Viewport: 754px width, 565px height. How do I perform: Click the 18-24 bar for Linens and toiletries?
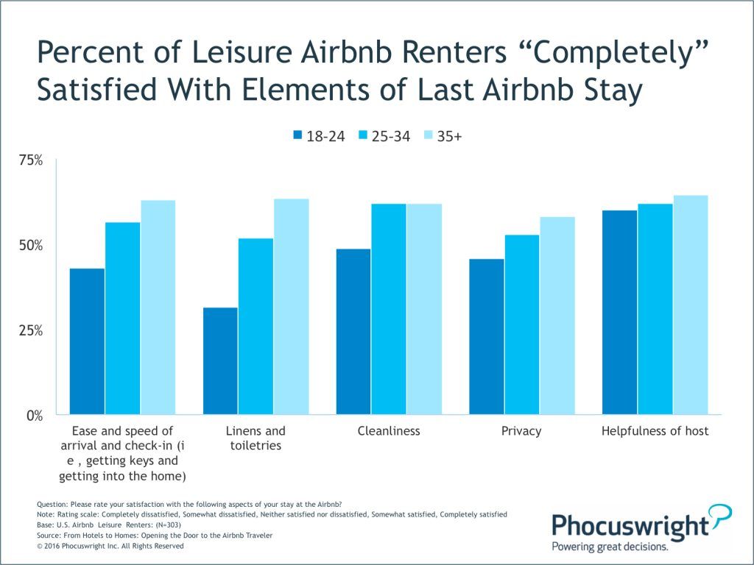(220, 360)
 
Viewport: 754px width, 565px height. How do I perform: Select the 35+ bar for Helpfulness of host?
(691, 305)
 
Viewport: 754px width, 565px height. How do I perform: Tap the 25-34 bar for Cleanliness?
(389, 310)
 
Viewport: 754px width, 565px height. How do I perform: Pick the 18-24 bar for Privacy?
(487, 337)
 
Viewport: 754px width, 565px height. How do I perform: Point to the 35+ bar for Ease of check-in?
(158, 308)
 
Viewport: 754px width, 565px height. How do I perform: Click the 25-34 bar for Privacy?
(522, 324)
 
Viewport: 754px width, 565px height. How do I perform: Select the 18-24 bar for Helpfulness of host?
(620, 312)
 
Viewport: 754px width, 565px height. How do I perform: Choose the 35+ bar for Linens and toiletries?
(291, 307)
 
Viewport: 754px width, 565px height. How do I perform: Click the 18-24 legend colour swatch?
(297, 135)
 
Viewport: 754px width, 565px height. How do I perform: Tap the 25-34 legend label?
(390, 136)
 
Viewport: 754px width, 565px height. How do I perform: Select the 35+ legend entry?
(443, 136)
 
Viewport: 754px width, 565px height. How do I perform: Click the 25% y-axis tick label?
(31, 330)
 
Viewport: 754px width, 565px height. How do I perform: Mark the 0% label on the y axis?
(34, 416)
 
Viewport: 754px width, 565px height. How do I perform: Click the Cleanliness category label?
(389, 431)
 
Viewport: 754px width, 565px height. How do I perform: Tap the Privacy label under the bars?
(521, 431)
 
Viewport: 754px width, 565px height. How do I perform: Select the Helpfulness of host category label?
(655, 431)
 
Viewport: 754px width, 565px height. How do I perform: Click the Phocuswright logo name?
(630, 525)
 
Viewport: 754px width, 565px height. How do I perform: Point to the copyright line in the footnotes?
(110, 546)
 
